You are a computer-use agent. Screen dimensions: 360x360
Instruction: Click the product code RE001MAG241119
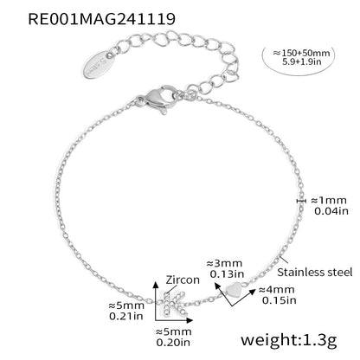click(101, 19)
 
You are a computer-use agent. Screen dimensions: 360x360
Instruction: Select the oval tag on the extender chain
click(99, 64)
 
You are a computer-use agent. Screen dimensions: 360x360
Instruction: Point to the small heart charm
click(234, 290)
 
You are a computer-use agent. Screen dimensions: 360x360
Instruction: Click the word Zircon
click(183, 280)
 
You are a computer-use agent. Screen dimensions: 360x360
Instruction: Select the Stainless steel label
click(315, 272)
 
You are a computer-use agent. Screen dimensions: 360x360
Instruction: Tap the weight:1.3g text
click(289, 339)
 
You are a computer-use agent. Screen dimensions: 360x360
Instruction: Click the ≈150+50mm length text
click(301, 53)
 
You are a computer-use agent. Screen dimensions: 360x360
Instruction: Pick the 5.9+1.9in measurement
click(301, 61)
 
